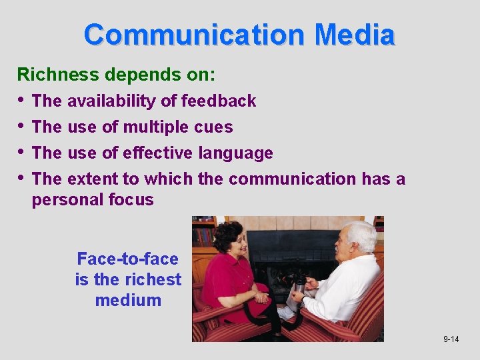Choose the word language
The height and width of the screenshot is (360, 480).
click(236, 153)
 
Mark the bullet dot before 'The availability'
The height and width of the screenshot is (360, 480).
click(21, 100)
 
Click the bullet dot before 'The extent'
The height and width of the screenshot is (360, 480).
click(21, 178)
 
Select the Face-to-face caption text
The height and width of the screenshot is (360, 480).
click(128, 259)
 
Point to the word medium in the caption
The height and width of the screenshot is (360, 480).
click(128, 300)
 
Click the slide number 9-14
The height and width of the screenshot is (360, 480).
click(451, 339)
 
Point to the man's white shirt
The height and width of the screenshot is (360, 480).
click(347, 287)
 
